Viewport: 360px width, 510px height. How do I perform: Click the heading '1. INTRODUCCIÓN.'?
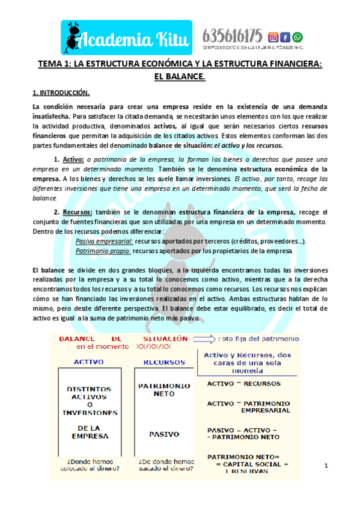tap(61, 93)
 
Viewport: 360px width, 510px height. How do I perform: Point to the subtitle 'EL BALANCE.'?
tap(180, 76)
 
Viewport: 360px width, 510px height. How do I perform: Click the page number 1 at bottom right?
tap(326, 466)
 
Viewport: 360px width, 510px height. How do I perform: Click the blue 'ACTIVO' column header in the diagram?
tap(89, 362)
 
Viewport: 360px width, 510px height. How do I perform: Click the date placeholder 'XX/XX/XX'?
tap(154, 347)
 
